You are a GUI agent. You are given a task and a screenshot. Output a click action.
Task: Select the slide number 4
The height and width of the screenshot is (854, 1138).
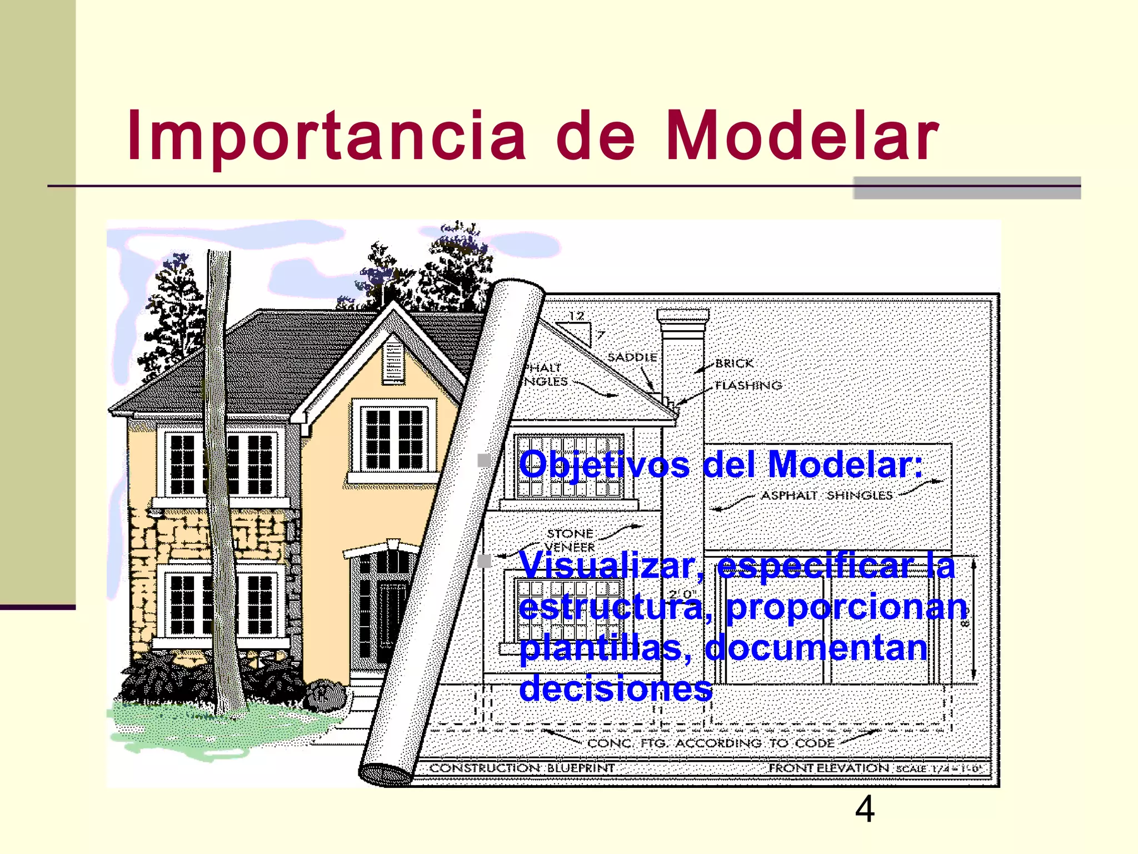(x=865, y=810)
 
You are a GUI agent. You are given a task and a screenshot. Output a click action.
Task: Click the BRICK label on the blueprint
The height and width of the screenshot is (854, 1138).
(x=734, y=363)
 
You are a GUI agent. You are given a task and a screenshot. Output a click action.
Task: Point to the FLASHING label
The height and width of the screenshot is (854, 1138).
(x=748, y=385)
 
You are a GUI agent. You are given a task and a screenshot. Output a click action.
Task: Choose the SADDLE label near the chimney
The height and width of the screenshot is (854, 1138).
(x=632, y=357)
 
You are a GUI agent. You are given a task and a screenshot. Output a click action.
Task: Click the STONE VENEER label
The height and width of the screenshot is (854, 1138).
(x=570, y=540)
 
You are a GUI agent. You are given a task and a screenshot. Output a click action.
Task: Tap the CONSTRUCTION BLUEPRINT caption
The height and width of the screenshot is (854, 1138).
(x=522, y=768)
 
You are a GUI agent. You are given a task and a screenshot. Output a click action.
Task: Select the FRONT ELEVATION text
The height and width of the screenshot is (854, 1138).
(x=828, y=768)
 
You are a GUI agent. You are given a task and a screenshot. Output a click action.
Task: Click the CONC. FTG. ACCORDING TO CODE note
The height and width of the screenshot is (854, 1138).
(x=711, y=743)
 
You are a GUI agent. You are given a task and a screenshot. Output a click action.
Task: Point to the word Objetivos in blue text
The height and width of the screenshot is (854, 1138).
(x=604, y=464)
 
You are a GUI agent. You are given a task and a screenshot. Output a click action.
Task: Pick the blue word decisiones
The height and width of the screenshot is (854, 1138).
(x=616, y=688)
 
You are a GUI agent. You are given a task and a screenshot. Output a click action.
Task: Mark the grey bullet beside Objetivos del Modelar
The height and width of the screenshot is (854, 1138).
(x=485, y=460)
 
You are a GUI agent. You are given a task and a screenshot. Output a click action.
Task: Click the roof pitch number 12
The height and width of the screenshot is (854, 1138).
(x=576, y=316)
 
